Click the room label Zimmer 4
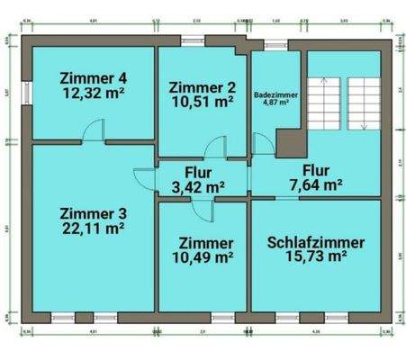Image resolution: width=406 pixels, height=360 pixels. [x=93, y=76]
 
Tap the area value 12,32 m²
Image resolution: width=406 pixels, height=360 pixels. [x=93, y=91]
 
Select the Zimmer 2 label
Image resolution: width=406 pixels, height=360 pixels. [x=203, y=86]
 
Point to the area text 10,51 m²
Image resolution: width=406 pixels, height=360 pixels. [x=203, y=102]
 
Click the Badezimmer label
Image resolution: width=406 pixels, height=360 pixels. [x=275, y=93]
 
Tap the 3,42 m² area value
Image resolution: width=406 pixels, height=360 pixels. [x=198, y=187]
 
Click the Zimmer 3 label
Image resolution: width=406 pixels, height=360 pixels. [x=93, y=213]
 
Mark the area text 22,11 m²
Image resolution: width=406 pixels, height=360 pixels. [x=93, y=229]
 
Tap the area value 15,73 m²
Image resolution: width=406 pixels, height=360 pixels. [x=316, y=257]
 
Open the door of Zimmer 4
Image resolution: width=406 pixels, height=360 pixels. [x=93, y=135]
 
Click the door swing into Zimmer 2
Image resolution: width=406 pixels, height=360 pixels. [x=214, y=149]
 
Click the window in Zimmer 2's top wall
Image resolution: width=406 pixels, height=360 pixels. [x=193, y=40]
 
